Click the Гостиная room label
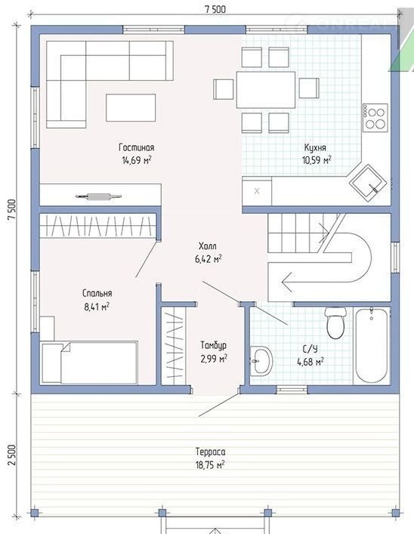[136, 147]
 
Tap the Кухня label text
[315, 147]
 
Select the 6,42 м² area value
[209, 259]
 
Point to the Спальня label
[97, 293]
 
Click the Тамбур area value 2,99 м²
[214, 359]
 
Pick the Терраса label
[211, 452]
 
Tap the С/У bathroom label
[310, 349]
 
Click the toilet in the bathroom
[335, 323]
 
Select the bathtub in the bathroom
[372, 346]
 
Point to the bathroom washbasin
[261, 361]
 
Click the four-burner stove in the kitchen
[375, 118]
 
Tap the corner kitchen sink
[369, 183]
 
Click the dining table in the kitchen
[266, 90]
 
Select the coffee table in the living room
[131, 107]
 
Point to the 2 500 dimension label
[11, 455]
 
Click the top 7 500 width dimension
[215, 9]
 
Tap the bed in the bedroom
[89, 363]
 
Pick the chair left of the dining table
[224, 89]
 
